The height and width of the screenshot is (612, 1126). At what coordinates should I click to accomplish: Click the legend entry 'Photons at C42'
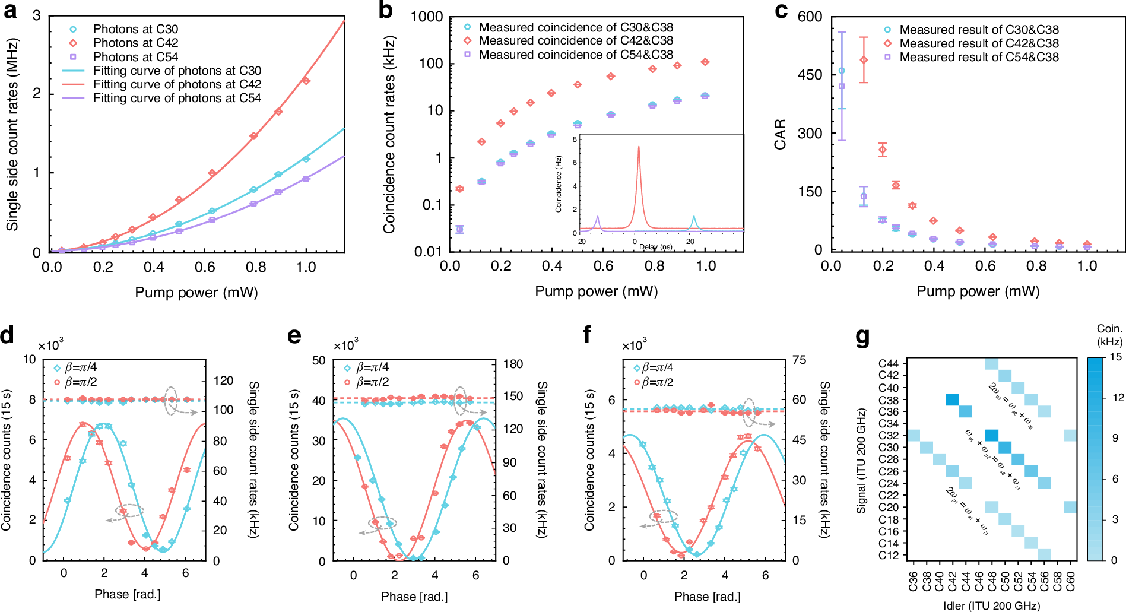point(135,43)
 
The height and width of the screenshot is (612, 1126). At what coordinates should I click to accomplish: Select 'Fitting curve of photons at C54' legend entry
point(177,98)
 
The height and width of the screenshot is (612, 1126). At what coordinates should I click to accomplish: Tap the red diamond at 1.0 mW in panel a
point(306,80)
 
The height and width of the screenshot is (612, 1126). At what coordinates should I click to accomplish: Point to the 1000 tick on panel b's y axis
point(427,17)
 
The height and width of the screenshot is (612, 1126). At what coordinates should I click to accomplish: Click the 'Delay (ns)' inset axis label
point(655,247)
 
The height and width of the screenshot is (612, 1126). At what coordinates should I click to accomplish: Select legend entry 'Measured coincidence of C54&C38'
point(576,55)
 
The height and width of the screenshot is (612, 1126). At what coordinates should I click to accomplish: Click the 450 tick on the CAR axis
point(810,75)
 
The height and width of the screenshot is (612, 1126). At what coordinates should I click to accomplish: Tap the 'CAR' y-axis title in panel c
point(780,134)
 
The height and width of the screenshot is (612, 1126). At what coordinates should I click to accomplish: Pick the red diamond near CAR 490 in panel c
point(864,60)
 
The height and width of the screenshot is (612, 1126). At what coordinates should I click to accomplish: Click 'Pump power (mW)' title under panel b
point(596,291)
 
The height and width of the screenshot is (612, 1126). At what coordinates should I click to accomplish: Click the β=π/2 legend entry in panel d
point(81,382)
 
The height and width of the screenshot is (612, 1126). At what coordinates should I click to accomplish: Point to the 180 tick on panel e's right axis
point(513,364)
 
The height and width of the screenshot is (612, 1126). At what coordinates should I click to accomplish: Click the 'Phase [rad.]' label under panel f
point(707,596)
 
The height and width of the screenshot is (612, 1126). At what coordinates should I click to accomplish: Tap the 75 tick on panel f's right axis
point(799,360)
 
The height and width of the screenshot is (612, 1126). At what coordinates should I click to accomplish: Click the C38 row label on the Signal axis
point(889,400)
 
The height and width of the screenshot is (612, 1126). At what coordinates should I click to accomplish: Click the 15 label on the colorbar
point(1116,357)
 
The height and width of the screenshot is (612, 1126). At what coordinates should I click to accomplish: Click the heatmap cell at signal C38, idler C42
point(953,399)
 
